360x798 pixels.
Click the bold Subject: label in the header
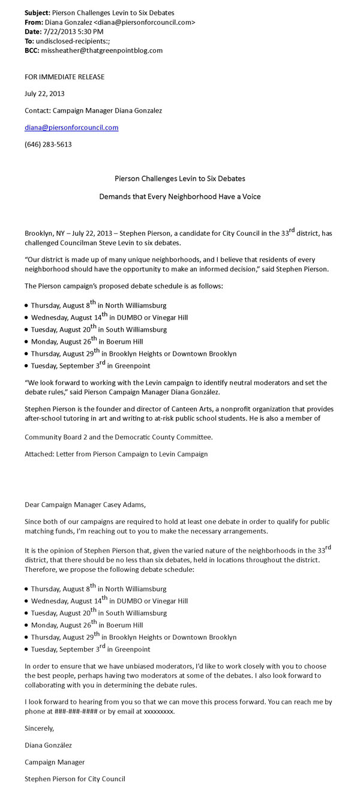[37, 12]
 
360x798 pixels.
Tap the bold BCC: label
[32, 50]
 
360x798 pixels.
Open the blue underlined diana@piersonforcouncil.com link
[71, 127]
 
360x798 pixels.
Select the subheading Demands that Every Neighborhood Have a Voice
[179, 196]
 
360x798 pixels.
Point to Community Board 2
[54, 437]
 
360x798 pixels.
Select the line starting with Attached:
[116, 454]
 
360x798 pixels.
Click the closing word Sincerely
[40, 728]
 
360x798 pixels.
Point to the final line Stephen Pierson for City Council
[75, 779]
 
